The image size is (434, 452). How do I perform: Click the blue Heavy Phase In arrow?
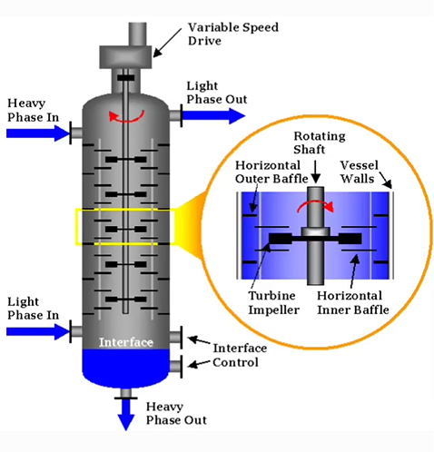tap(37, 133)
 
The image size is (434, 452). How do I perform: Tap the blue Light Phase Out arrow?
tap(213, 116)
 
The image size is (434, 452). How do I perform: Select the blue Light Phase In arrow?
tap(37, 331)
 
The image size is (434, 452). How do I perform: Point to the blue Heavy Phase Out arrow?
tap(125, 415)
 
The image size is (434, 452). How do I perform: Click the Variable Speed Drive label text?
tap(233, 34)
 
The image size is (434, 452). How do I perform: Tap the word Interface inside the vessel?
tap(126, 342)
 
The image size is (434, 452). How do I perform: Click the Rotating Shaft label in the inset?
tap(320, 142)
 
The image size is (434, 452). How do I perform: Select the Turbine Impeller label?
tap(273, 303)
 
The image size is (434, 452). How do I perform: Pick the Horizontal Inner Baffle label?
tap(353, 303)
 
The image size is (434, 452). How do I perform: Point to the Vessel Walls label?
tap(359, 172)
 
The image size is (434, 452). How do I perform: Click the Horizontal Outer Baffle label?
tap(271, 172)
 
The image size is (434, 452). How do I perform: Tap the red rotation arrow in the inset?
tap(315, 205)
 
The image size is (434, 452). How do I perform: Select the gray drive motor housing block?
tap(125, 57)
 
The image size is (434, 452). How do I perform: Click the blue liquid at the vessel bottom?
tap(126, 368)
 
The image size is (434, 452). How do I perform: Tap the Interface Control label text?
tap(240, 355)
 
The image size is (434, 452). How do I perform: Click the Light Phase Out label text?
tap(217, 93)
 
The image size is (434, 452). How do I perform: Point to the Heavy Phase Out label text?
tap(176, 413)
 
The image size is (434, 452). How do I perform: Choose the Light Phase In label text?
tap(33, 309)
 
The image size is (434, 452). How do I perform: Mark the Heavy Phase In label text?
tap(33, 110)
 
